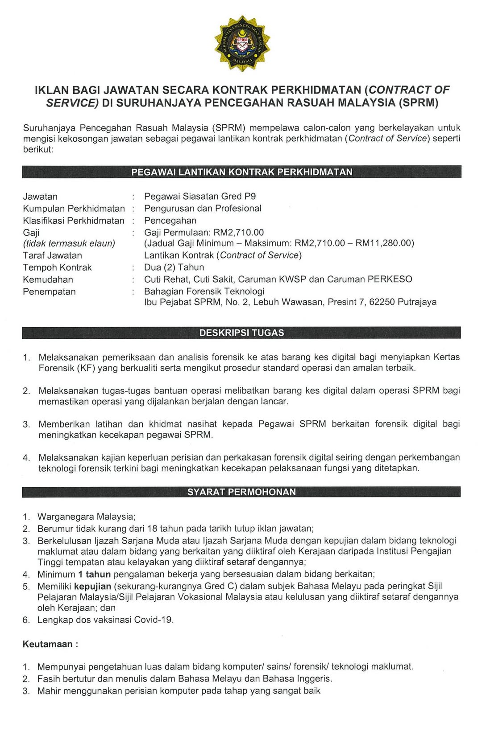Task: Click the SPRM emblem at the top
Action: (241, 43)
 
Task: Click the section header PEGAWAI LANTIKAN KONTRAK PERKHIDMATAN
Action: (241, 172)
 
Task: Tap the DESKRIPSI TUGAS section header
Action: (241, 333)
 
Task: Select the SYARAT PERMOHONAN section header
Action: (241, 492)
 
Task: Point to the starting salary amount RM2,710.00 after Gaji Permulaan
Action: (239, 232)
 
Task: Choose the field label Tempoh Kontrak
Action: (57, 267)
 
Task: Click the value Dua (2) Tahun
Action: (174, 267)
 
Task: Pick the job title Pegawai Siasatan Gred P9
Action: (200, 197)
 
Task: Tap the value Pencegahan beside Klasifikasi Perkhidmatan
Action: (170, 221)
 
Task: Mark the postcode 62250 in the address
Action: (381, 302)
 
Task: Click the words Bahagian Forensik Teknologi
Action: (204, 292)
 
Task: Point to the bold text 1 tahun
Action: (94, 575)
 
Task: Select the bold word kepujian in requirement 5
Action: (92, 586)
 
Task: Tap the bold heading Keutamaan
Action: (48, 645)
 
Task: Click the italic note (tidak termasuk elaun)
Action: (69, 243)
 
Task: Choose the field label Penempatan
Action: (49, 292)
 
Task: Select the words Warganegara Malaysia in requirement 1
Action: (86, 517)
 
